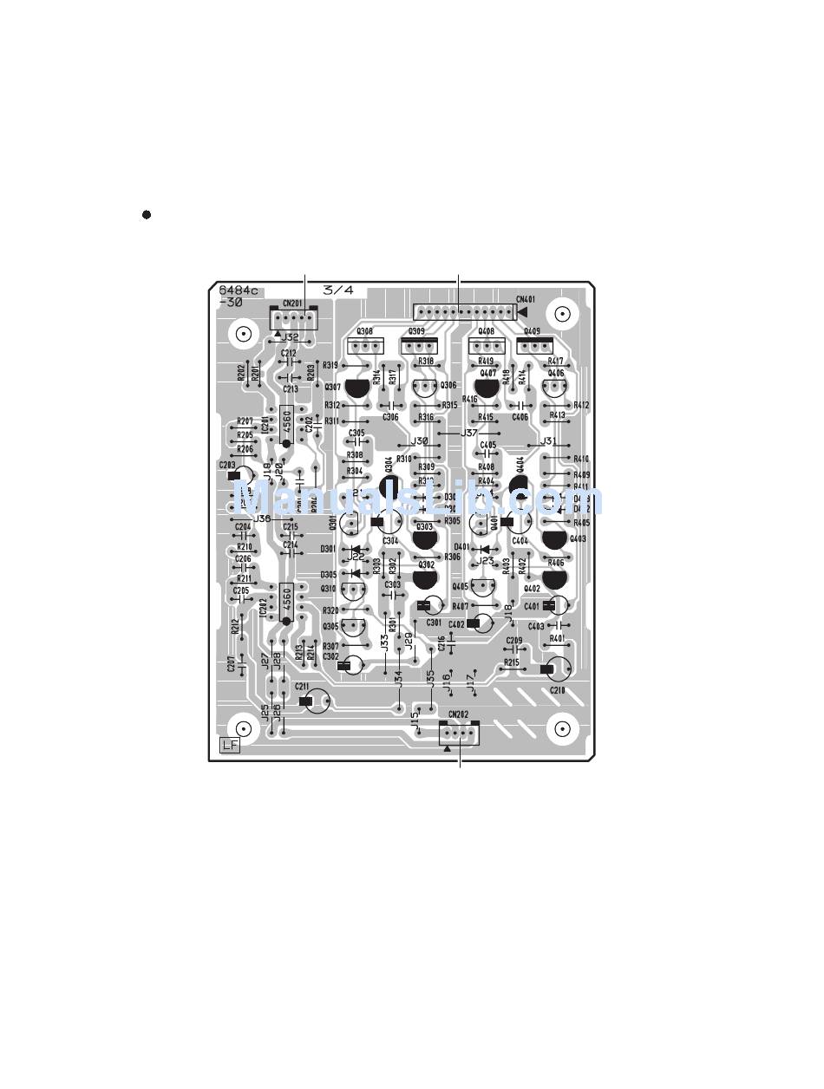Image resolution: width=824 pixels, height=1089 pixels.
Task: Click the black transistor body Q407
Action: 487,388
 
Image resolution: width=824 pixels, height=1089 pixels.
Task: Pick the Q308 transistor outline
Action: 364,345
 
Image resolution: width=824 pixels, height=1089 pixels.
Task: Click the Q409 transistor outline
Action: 533,345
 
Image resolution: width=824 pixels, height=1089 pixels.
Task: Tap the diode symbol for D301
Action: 355,549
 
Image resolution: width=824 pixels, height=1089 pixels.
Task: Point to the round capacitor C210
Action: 558,668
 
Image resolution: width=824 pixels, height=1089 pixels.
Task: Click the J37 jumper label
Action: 469,433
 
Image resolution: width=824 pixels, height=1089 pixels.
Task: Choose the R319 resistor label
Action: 330,366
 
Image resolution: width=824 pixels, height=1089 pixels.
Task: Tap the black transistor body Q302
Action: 425,578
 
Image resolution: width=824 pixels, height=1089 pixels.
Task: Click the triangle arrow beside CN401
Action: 522,311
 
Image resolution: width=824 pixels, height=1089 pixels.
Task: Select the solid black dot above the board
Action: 147,214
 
